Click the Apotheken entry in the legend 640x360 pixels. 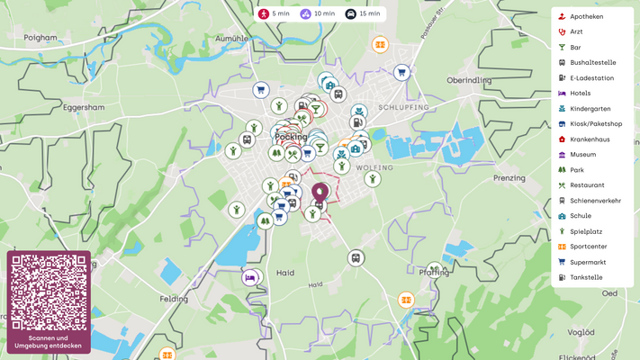[x=586, y=16]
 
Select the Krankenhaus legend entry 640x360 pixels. [x=590, y=139]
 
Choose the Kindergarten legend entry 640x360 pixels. [x=590, y=109]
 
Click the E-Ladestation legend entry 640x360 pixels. [x=591, y=78]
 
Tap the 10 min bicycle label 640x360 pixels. [x=317, y=14]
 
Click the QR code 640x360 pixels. [x=49, y=292]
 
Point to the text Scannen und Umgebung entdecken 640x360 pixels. [x=49, y=342]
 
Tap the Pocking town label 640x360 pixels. [x=291, y=137]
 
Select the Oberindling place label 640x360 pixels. [x=469, y=80]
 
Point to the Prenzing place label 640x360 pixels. [x=509, y=178]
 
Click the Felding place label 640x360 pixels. [x=174, y=298]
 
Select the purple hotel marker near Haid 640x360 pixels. [x=250, y=277]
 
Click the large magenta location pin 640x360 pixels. [x=320, y=193]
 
